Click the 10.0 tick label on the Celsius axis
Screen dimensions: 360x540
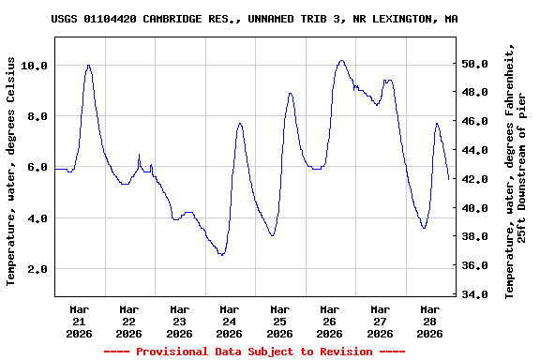35,66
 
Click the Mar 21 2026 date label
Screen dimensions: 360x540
79,321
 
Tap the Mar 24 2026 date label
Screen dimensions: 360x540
229,321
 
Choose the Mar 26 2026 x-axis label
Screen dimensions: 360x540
329,321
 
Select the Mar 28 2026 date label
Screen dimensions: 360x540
429,321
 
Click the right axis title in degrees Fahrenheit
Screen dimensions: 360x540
517,170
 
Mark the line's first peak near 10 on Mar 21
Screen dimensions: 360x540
88,66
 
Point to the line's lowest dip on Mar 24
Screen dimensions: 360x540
221,254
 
